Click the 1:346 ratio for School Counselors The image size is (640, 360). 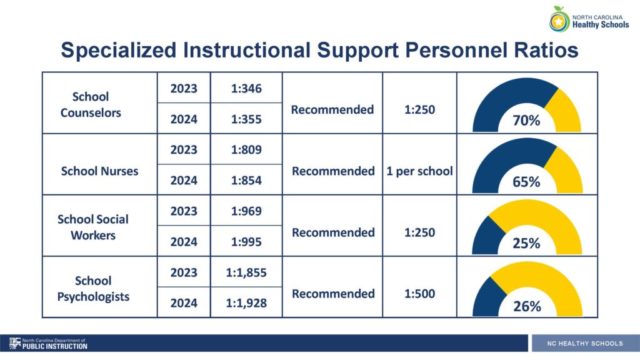pos(246,89)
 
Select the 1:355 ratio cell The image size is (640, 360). pos(246,119)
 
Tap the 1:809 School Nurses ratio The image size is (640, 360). pos(246,150)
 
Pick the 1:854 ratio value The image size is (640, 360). pos(246,181)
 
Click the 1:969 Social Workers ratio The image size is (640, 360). pos(246,211)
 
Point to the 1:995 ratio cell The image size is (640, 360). pos(246,242)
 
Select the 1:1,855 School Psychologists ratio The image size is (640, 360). pos(246,272)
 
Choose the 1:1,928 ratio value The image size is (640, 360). pos(246,303)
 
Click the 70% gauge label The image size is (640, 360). pos(526,121)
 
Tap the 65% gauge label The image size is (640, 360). pos(526,182)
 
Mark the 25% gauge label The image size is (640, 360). pos(526,243)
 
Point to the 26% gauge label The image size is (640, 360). pos(527,306)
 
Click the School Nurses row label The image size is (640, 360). pos(99,171)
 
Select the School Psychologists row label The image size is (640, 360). pos(93,289)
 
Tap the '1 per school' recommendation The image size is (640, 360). pos(419,171)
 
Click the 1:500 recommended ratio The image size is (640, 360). pos(419,294)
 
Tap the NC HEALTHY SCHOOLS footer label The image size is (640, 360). pos(585,344)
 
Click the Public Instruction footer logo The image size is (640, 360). pos(48,344)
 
